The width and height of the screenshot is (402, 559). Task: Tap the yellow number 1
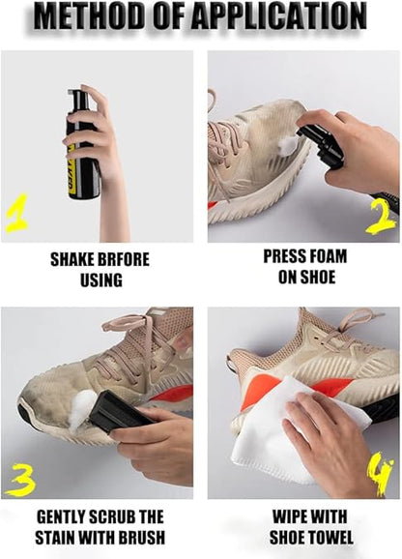[x=15, y=213]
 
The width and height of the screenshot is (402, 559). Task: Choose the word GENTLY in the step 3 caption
[x=64, y=516]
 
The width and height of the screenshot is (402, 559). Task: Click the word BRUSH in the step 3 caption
[x=141, y=537]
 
